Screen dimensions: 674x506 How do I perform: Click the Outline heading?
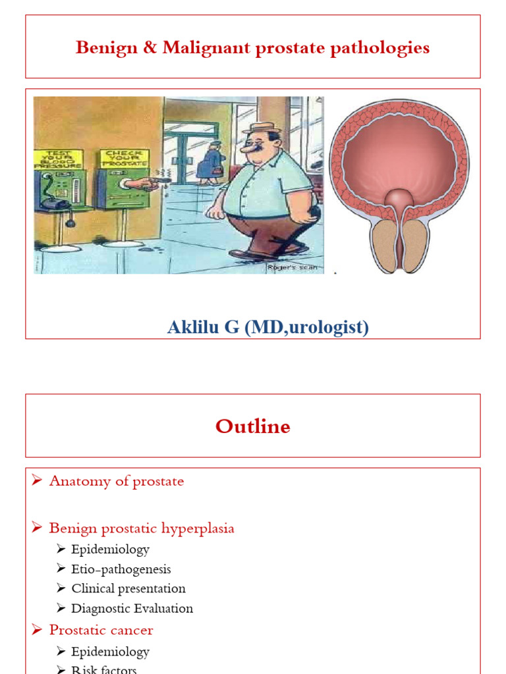coord(252,427)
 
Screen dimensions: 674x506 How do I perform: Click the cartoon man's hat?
coord(261,128)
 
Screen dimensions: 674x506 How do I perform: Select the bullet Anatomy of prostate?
coord(117,481)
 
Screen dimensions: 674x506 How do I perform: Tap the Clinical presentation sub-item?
coord(128,588)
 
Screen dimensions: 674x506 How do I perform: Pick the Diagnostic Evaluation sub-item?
coord(132,608)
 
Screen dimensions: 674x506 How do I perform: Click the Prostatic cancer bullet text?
coord(101,630)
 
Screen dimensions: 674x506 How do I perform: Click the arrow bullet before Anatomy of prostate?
coord(37,481)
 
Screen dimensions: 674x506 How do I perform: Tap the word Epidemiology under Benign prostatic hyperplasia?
coord(111,549)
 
